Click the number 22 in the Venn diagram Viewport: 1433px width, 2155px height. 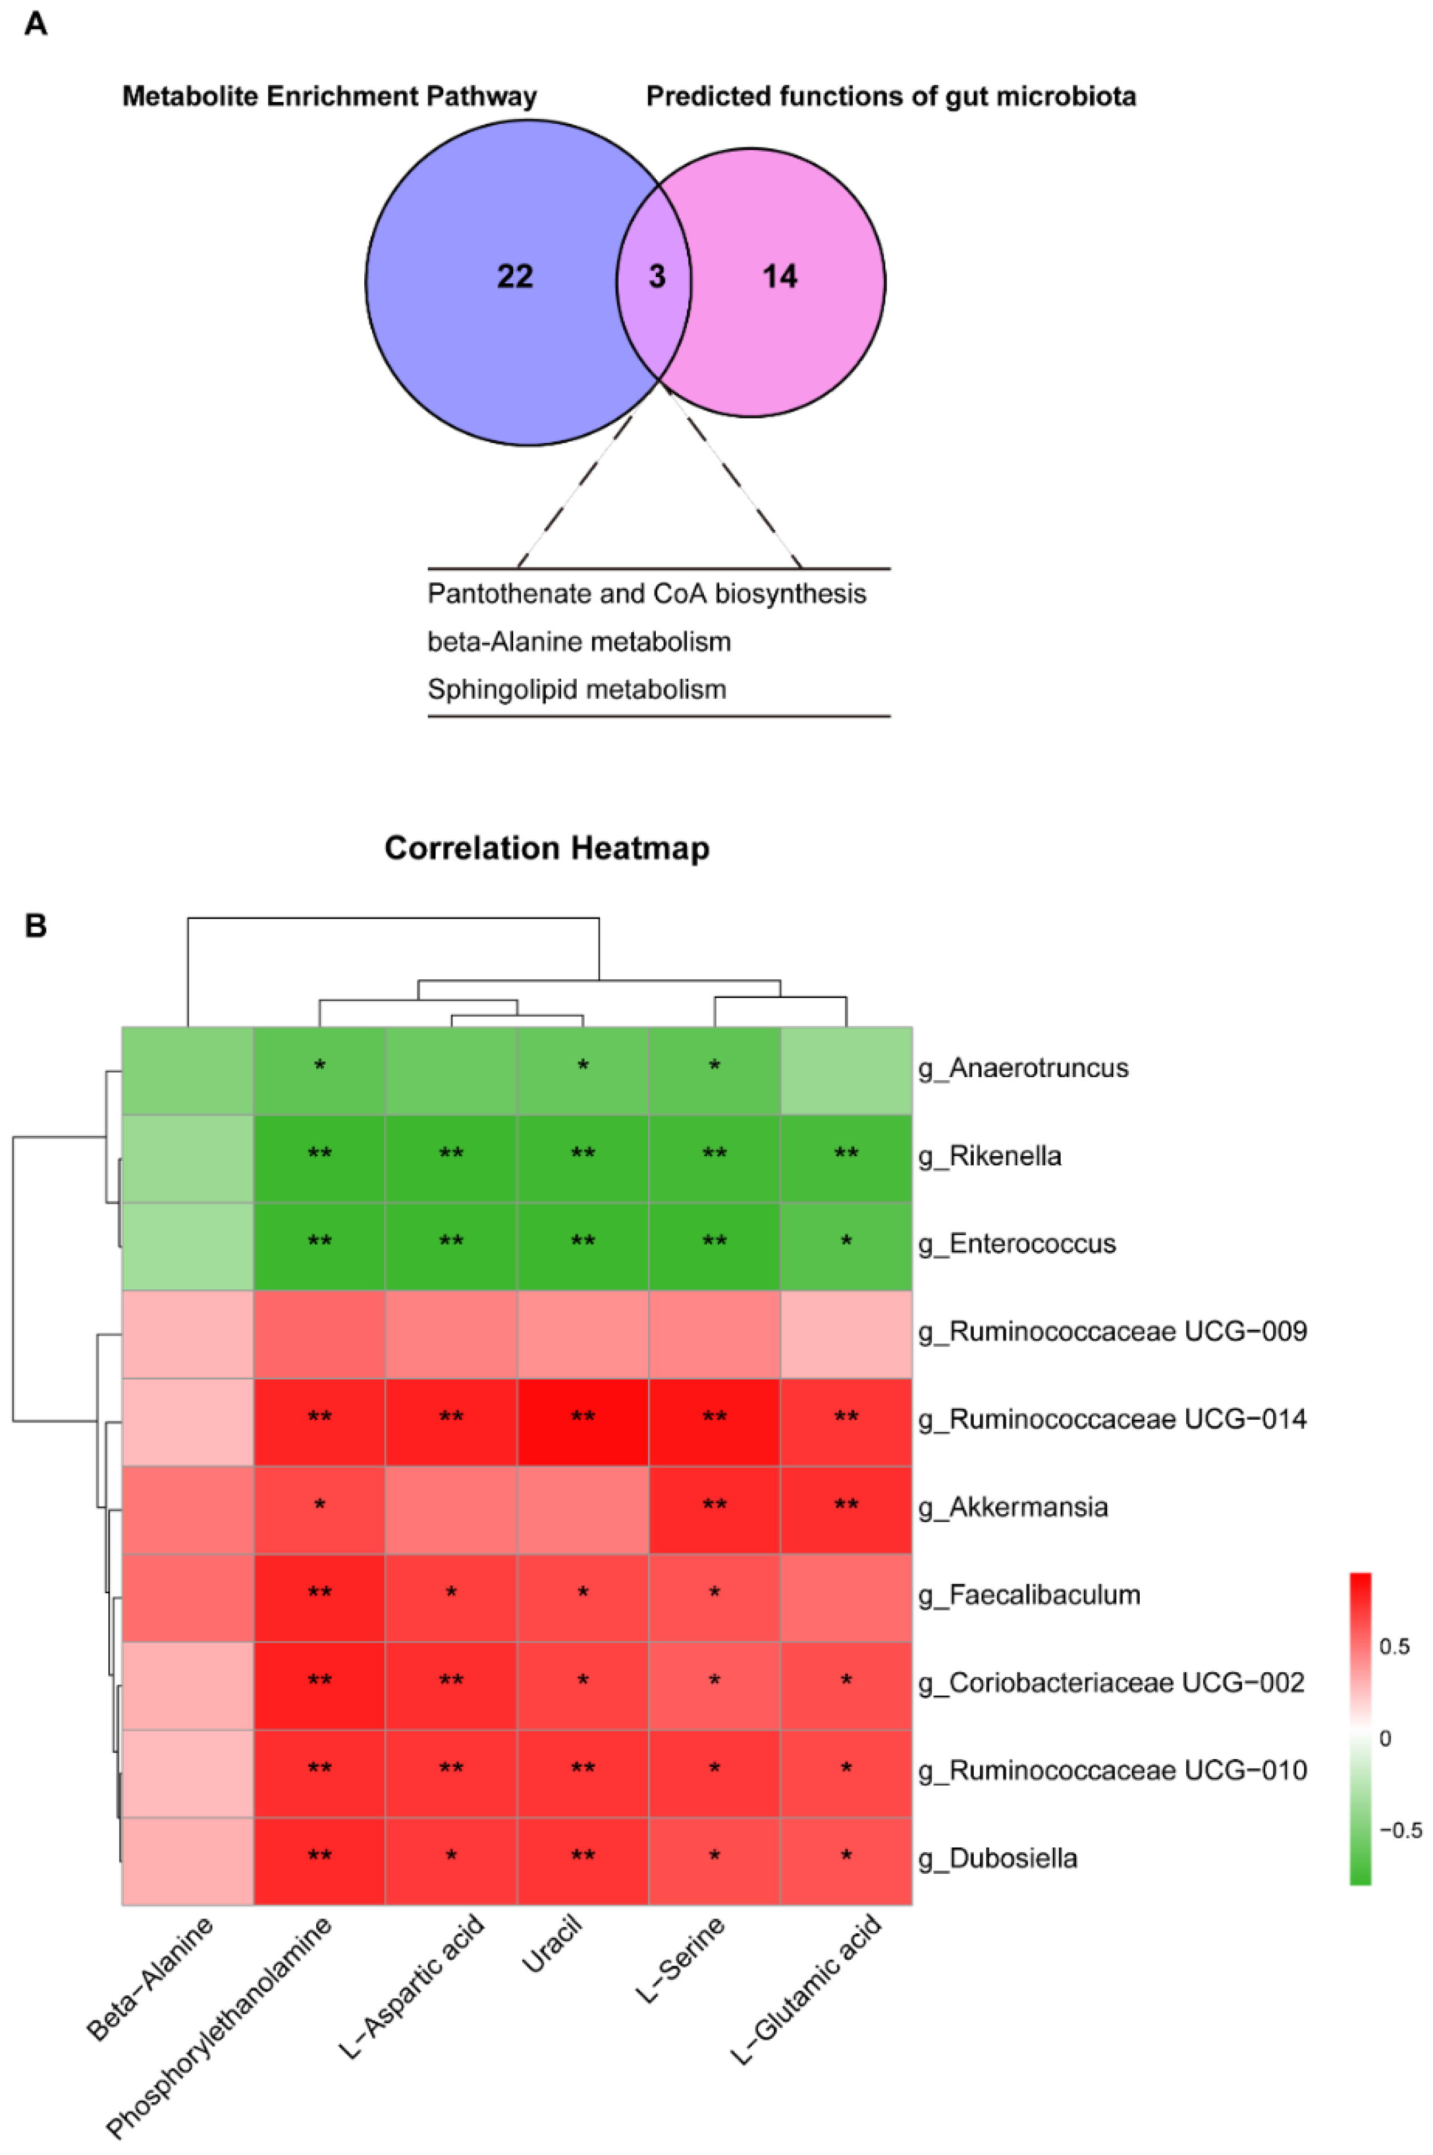[514, 276]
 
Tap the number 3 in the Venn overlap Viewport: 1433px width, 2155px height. [657, 277]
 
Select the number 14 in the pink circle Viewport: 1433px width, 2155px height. [780, 276]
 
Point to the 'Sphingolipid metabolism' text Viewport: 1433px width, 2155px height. [577, 689]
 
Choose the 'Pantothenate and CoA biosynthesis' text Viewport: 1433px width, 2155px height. [646, 594]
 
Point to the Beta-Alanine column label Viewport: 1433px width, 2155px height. [151, 1979]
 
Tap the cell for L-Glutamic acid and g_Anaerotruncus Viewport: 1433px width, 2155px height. [847, 1068]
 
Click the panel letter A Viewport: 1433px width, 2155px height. [36, 23]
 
